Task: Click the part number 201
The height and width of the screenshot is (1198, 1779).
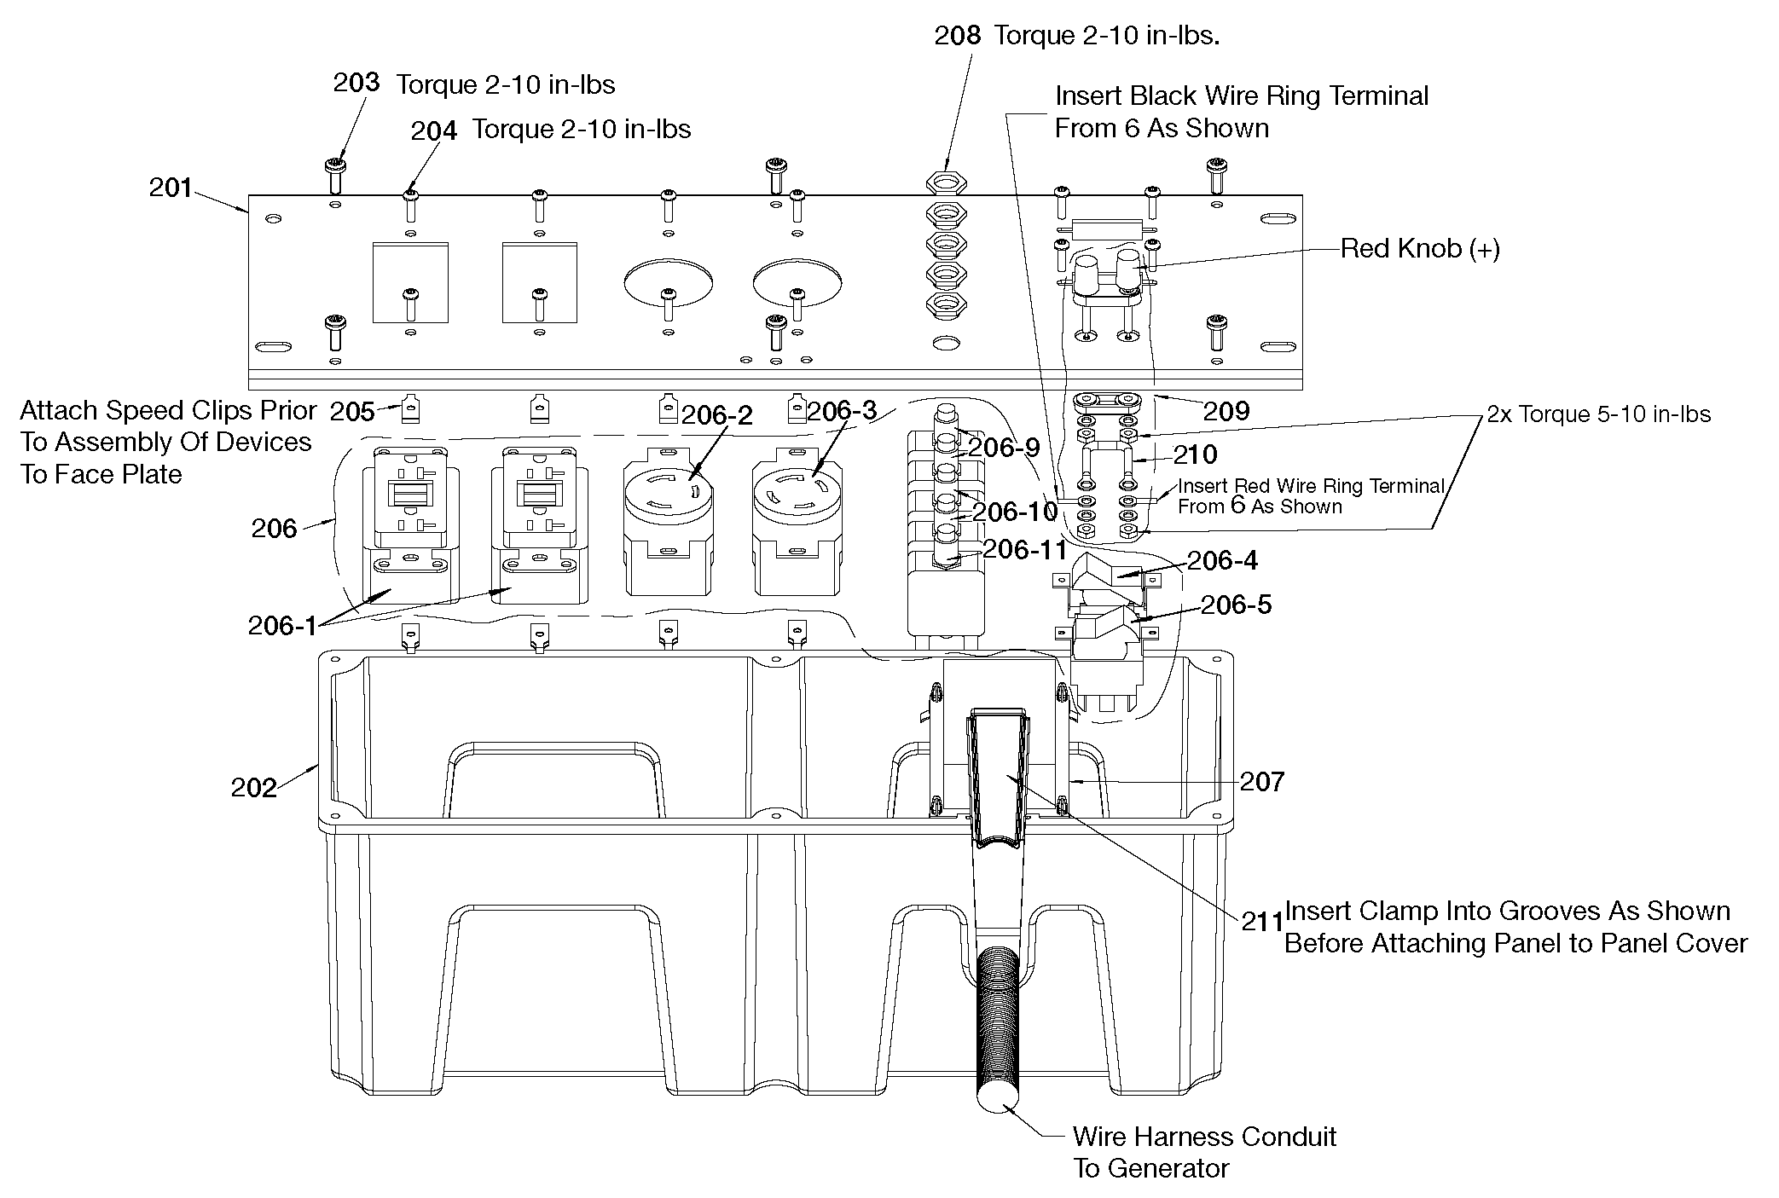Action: [171, 188]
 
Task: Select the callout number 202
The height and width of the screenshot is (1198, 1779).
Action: [253, 787]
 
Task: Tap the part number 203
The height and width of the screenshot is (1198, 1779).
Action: [356, 83]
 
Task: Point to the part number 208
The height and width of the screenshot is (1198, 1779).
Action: [957, 36]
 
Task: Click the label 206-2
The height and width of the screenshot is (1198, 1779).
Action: [716, 415]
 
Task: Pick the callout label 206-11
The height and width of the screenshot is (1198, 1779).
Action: [1024, 549]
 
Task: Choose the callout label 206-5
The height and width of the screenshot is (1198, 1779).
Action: [1236, 605]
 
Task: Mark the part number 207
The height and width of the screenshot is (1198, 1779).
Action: [1261, 781]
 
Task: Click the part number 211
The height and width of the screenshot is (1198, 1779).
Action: [1262, 922]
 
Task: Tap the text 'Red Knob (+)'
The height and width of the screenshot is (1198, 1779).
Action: [1420, 249]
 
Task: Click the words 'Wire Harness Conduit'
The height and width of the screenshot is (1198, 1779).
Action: [1204, 1137]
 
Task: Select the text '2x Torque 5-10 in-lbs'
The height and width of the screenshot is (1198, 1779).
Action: [1598, 414]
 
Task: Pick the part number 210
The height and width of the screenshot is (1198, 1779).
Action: [1195, 454]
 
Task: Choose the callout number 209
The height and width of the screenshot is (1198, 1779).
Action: [1226, 412]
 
